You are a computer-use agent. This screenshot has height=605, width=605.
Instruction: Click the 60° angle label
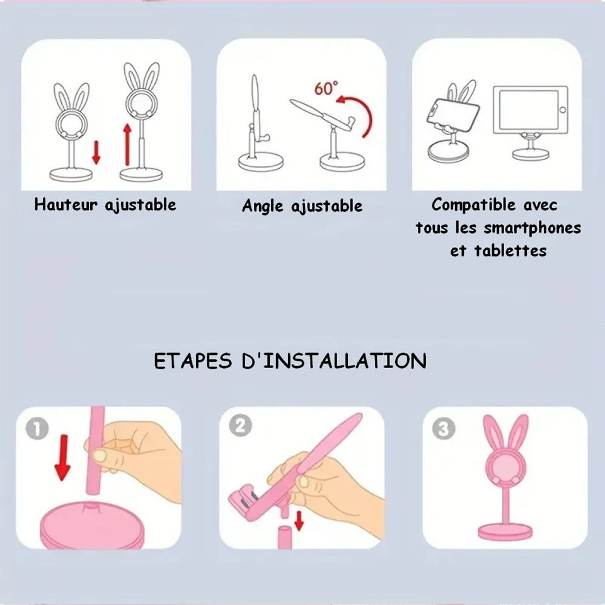(326, 88)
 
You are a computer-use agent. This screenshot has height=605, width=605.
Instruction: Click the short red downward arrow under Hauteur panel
(96, 153)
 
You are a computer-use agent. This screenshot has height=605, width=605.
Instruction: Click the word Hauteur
(66, 204)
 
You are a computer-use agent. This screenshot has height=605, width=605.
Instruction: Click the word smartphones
(532, 228)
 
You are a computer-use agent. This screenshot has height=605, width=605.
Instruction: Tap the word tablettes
(510, 251)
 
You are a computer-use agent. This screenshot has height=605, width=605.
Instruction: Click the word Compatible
(473, 204)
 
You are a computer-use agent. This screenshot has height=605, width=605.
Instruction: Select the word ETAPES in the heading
(193, 360)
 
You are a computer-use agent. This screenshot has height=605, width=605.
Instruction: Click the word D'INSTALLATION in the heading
(334, 360)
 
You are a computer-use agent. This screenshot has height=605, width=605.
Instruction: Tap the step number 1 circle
(37, 429)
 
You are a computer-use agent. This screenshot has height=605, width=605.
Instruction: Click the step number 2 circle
(240, 425)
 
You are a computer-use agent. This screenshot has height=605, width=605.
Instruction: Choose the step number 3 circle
(443, 429)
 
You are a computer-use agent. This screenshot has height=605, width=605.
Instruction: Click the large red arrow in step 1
(62, 458)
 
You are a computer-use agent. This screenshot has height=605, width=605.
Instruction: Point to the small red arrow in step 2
(299, 521)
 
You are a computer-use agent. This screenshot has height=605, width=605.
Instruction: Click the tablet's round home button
(563, 110)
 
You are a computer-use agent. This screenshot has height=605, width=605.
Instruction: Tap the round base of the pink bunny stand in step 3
(505, 532)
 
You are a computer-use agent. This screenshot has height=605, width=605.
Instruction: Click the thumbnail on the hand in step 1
(100, 456)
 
